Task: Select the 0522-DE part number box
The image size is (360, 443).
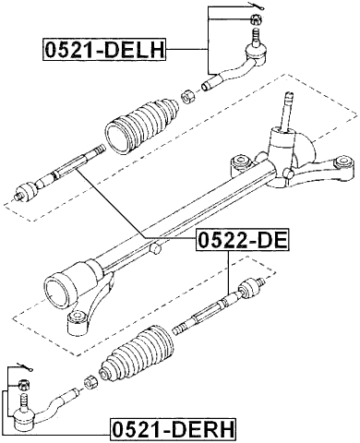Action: coord(241,242)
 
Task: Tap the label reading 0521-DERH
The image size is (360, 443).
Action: coord(172,428)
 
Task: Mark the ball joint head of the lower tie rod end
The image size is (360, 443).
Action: coord(20,403)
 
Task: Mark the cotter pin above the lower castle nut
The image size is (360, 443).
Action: coord(23,366)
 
